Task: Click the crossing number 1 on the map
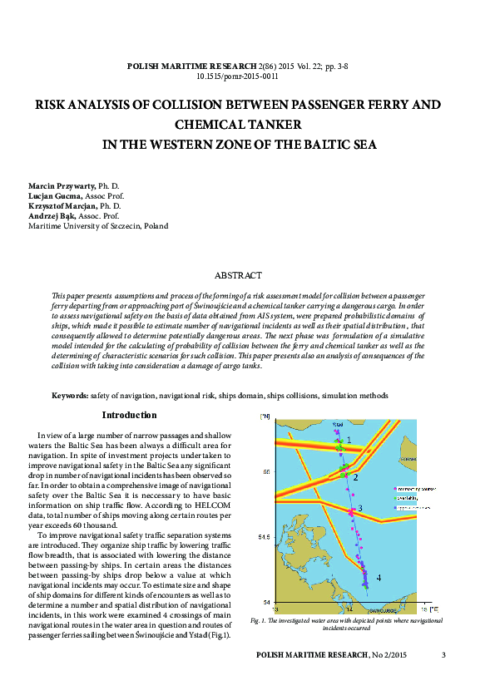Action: [349, 440]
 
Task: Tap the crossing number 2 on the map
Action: [355, 477]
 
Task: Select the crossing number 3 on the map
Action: [359, 508]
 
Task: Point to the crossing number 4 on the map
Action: [379, 577]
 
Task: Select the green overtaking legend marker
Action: [393, 497]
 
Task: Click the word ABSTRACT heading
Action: [238, 275]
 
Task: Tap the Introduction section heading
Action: [129, 416]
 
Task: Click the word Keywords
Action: [70, 396]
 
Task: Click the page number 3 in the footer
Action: [443, 655]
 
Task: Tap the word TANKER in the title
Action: [266, 125]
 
